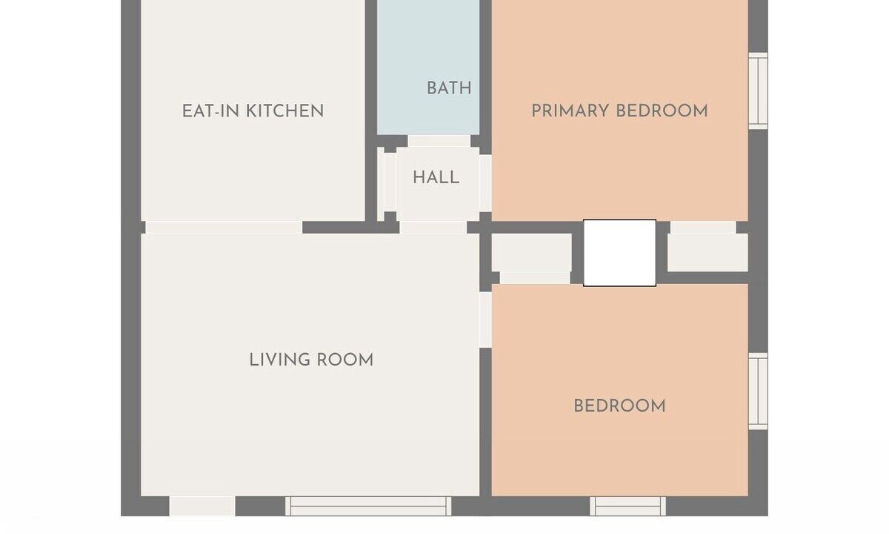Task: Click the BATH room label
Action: pos(449,88)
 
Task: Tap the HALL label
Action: pos(436,177)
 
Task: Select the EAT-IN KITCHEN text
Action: pos(253,111)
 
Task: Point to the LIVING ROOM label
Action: pos(311,360)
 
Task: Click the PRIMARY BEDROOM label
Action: pos(619,111)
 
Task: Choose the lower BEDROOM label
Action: pos(619,406)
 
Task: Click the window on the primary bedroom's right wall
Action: pos(758,91)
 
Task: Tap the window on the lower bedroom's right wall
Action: pos(758,392)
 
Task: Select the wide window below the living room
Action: pos(368,506)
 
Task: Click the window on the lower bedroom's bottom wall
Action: pos(628,506)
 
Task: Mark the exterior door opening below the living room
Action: pos(202,506)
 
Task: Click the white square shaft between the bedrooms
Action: pos(619,253)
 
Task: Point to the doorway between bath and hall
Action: pos(439,141)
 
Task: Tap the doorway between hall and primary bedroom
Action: pos(485,183)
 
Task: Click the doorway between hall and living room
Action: pos(433,227)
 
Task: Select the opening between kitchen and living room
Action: pos(224,227)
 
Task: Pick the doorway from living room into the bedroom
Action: pos(485,320)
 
